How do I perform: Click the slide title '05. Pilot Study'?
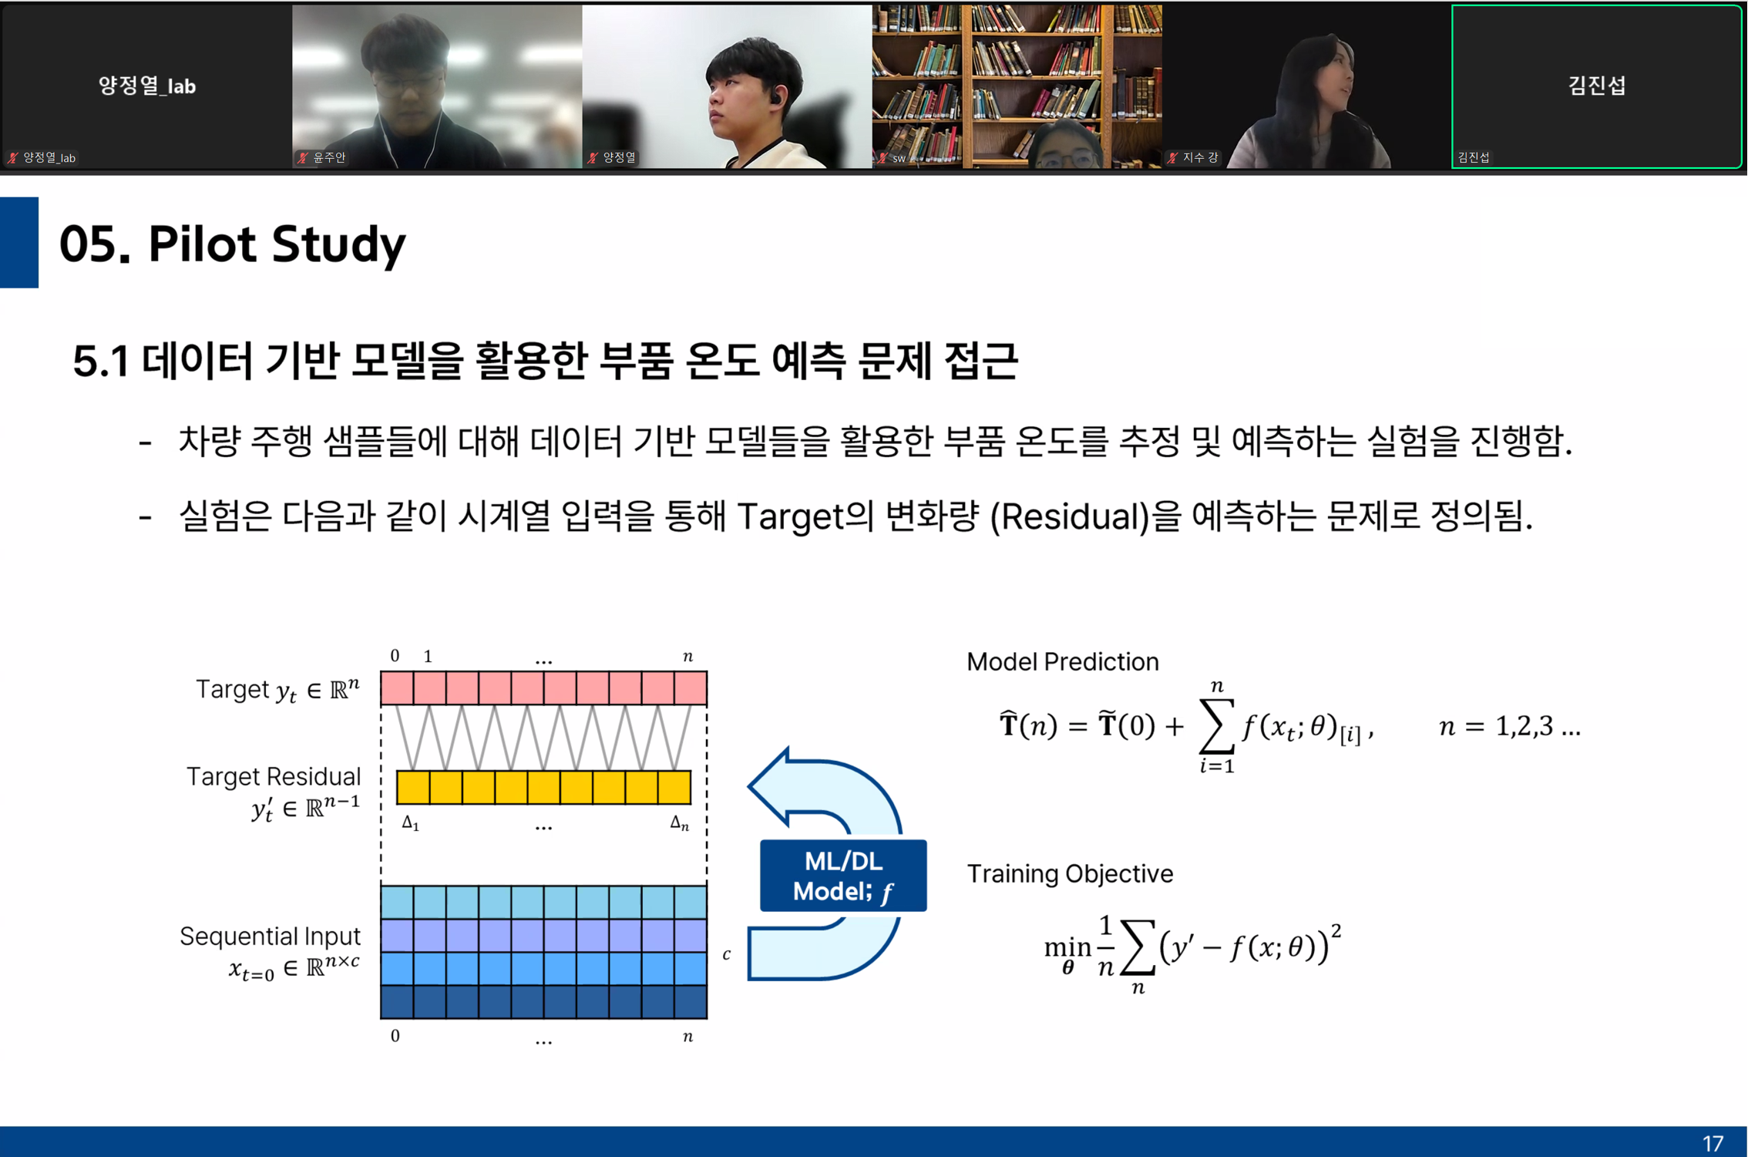pos(232,244)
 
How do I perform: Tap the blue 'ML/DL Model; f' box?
pos(842,876)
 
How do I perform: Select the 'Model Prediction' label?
pos(1062,662)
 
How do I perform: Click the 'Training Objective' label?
pos(1069,874)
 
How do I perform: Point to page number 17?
pos(1712,1143)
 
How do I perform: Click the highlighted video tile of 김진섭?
pos(1595,86)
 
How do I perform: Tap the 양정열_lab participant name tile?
pos(146,86)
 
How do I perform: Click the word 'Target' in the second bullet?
pos(790,516)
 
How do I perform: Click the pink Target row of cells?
pos(543,688)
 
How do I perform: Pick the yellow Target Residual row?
pos(543,787)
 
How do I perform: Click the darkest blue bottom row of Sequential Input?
pos(543,1002)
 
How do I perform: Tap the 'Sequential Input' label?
pos(270,937)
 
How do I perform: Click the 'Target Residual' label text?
pos(273,776)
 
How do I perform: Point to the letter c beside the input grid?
pos(726,954)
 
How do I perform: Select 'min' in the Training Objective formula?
pos(1067,947)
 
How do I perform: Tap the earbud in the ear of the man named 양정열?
pos(777,97)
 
